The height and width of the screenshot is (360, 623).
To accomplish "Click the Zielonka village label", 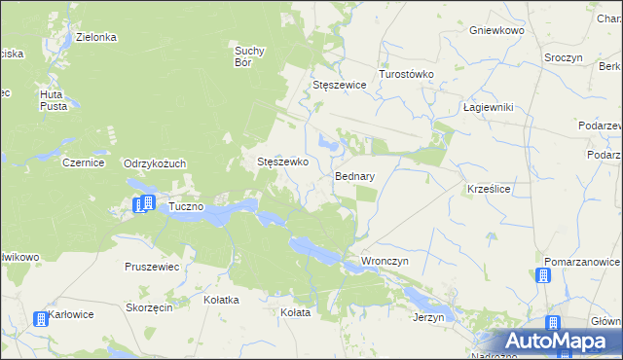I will click(97, 37).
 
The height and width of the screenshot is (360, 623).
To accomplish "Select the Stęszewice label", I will click(339, 85).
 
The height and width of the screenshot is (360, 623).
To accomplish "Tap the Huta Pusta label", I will click(53, 99).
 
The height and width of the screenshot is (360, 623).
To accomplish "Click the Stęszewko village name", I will click(282, 162).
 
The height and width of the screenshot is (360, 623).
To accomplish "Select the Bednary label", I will click(355, 177).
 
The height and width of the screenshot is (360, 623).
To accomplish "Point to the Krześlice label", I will click(490, 187).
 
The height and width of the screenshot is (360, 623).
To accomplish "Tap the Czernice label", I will click(83, 163).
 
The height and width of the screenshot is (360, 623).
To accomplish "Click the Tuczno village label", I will click(185, 207).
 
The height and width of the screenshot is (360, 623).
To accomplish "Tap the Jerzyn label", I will click(428, 317).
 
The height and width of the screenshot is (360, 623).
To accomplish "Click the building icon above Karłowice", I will click(41, 318).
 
